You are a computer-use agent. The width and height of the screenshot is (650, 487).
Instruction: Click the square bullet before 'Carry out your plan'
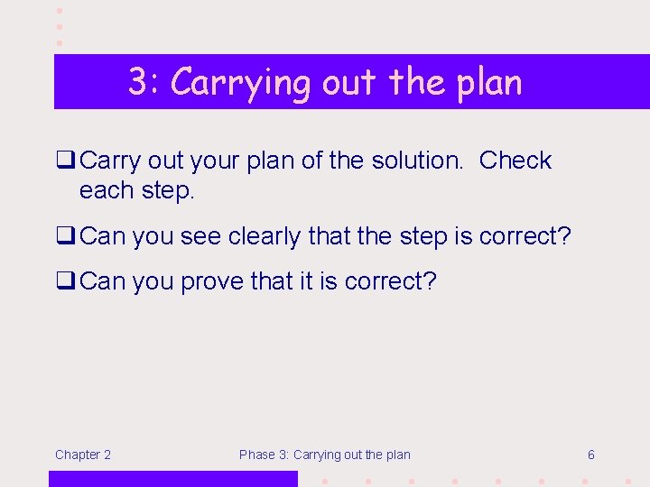(x=65, y=161)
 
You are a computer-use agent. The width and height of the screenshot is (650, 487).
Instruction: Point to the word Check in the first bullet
(x=515, y=161)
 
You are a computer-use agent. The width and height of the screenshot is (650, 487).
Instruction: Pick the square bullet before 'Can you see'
(x=65, y=237)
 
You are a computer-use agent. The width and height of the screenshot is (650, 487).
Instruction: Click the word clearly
(x=266, y=237)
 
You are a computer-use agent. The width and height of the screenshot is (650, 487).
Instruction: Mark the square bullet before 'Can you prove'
(x=65, y=282)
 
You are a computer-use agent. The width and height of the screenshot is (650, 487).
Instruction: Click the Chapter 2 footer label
(x=83, y=455)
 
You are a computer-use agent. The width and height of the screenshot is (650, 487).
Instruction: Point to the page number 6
(x=590, y=455)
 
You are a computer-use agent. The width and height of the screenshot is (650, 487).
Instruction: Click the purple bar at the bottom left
(x=172, y=479)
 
